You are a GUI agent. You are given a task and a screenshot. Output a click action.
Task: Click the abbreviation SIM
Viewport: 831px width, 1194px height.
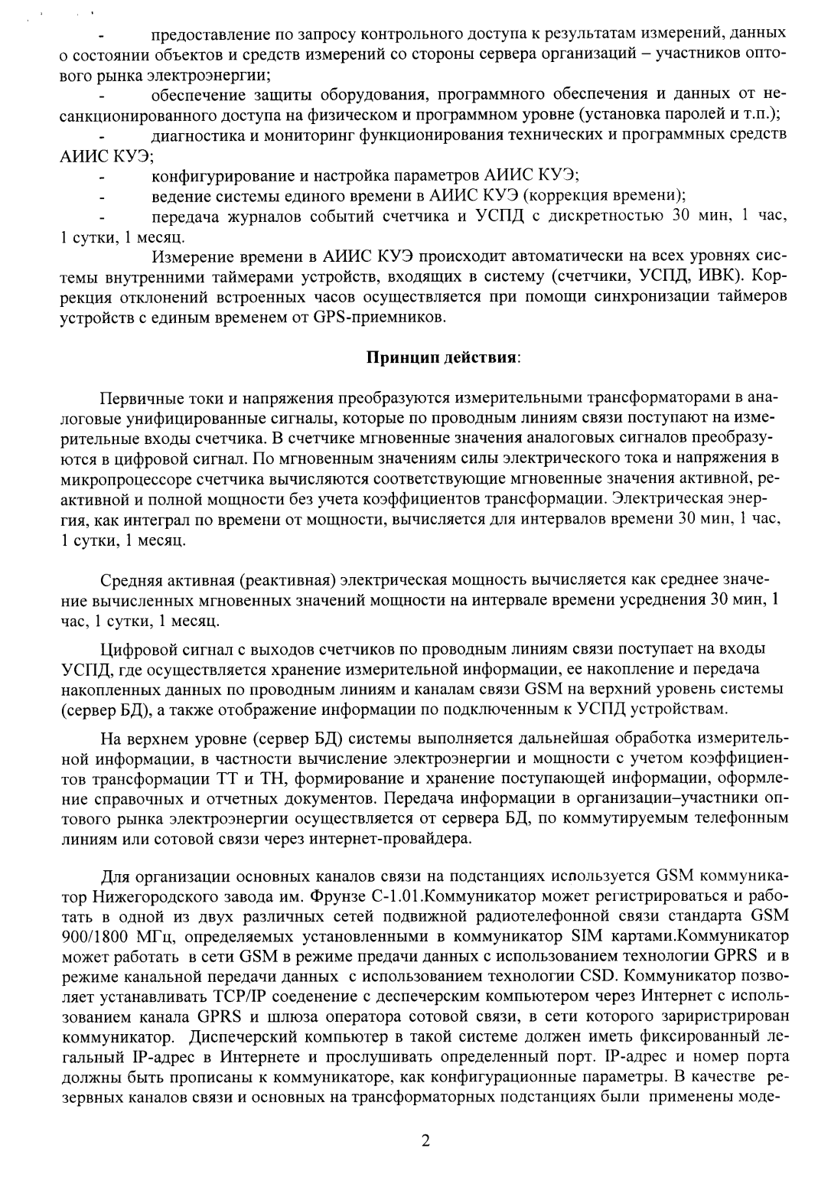(x=588, y=935)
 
